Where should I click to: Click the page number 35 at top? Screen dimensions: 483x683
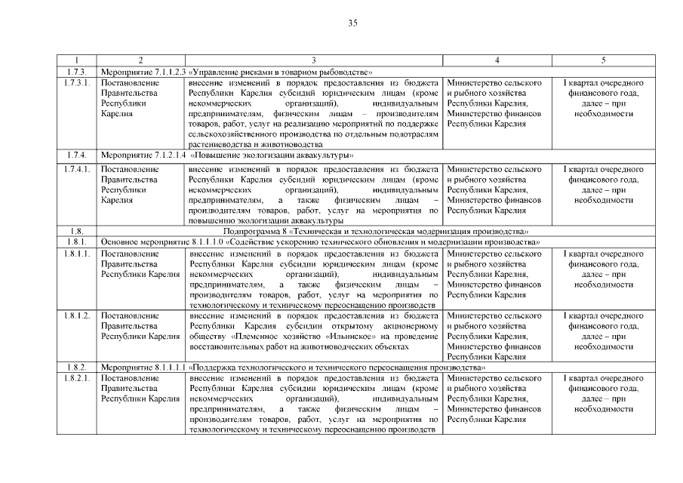[x=352, y=23]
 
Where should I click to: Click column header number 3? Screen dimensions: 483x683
[x=312, y=60]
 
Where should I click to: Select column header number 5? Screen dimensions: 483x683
[x=602, y=60]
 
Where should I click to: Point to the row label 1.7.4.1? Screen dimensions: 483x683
[x=78, y=169]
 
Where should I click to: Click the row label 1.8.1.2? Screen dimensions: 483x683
[x=78, y=315]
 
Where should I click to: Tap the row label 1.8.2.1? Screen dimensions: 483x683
[x=78, y=377]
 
